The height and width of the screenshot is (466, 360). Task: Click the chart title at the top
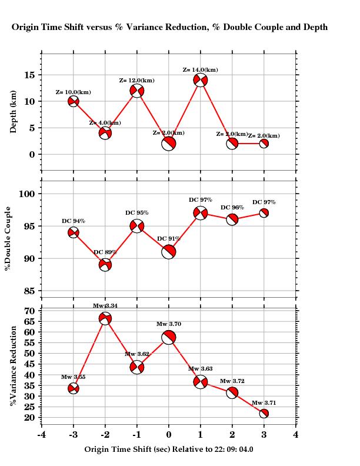tap(170, 27)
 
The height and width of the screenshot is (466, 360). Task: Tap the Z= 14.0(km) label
tap(201, 70)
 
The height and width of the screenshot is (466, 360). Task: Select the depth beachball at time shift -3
tap(74, 101)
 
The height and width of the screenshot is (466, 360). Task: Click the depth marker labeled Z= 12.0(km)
tap(137, 91)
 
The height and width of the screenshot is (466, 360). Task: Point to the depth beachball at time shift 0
tap(169, 143)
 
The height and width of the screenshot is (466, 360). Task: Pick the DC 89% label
tap(105, 252)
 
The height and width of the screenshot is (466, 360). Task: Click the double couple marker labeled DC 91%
tap(169, 252)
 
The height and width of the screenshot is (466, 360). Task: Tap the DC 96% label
tap(232, 208)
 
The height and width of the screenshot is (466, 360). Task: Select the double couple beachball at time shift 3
tap(264, 213)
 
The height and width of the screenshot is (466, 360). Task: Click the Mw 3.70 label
tap(169, 324)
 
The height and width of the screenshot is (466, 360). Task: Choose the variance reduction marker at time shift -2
tap(105, 319)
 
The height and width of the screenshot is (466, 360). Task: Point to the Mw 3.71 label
tap(264, 403)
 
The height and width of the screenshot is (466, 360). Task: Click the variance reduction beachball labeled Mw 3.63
tap(201, 382)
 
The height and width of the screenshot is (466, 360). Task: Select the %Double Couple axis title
tap(8, 238)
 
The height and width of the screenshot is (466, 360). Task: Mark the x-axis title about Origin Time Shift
tap(169, 449)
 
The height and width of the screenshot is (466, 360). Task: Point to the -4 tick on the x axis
tap(42, 435)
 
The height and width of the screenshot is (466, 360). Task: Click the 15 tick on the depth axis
tap(29, 75)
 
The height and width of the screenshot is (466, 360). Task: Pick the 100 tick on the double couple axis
tap(26, 194)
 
